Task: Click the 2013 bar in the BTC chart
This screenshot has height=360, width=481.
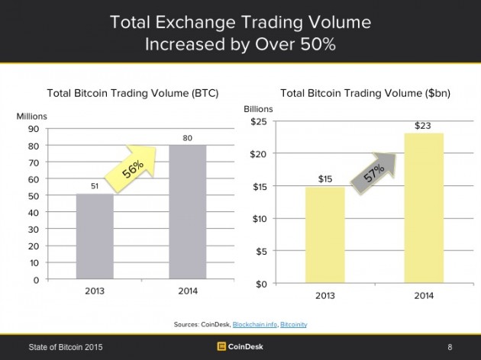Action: point(95,236)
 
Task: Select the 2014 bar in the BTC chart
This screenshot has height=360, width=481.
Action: point(187,212)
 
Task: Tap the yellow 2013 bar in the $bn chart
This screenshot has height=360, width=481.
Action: point(324,235)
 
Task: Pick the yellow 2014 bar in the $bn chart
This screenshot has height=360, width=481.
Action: point(422,208)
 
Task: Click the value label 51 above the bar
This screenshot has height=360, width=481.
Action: point(95,185)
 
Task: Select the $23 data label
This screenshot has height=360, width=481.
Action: point(422,125)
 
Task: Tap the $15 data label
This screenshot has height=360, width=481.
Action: point(324,179)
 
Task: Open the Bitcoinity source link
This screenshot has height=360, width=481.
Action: point(294,326)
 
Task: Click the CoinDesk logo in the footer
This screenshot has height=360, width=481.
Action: point(240,347)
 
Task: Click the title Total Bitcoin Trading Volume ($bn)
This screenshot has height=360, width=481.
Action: point(365,94)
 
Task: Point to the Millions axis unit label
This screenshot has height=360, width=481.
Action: point(32,115)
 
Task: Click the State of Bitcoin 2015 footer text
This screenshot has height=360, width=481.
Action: point(65,348)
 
